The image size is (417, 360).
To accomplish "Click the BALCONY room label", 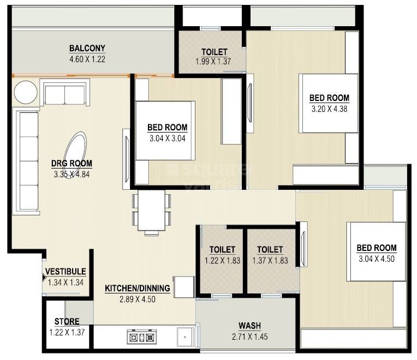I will [x=87, y=48].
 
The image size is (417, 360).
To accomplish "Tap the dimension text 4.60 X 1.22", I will [x=87, y=58].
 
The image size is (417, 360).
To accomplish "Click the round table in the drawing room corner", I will [x=25, y=92].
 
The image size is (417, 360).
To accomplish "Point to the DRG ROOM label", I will [x=72, y=163].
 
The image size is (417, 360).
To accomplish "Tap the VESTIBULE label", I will [x=65, y=272].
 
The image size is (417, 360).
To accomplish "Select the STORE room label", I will [x=67, y=322].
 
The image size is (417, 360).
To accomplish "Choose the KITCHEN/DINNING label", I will [x=138, y=288].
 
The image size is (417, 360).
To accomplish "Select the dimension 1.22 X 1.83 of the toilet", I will [x=222, y=261].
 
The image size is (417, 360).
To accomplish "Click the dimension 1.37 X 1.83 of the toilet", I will [x=270, y=261].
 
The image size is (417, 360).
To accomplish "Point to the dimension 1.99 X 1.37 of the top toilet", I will [x=213, y=62].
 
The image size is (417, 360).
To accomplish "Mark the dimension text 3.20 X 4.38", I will [x=329, y=108].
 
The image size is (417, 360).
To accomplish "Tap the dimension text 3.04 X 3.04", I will [x=168, y=139].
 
